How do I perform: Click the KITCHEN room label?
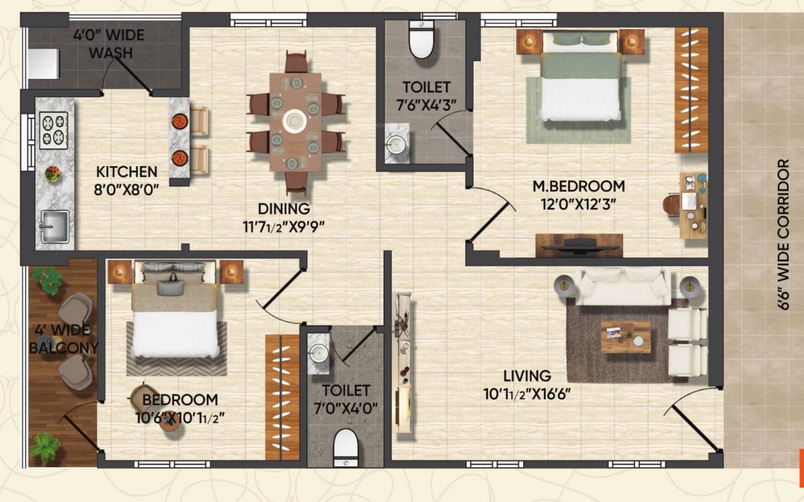pos(127,172)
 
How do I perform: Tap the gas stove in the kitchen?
pos(54,130)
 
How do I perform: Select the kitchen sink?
pos(54,226)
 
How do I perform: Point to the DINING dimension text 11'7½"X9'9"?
pos(283,227)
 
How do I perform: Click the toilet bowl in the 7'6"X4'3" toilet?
pos(422,41)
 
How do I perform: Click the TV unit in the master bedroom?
pos(579,245)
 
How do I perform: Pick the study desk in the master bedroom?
pos(692,205)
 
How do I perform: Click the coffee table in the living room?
pos(626,337)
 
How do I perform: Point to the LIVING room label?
pos(526,376)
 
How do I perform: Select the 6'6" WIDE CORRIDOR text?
pos(784,235)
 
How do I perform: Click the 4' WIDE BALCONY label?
pos(63,339)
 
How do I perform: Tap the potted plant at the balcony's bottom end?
pos(46,448)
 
